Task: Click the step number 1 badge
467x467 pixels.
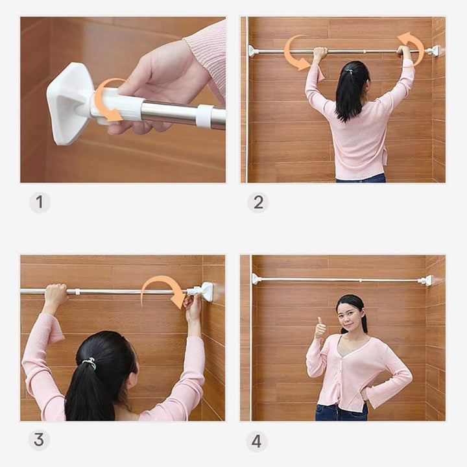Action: pos(40,202)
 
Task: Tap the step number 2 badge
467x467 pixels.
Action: pos(258,202)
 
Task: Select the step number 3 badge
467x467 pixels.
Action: pos(39,440)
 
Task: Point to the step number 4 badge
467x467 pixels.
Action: pos(257,441)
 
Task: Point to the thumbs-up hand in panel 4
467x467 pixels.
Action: pos(320,328)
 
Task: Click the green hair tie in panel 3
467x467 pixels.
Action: pos(90,363)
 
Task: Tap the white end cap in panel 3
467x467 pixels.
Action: pos(206,291)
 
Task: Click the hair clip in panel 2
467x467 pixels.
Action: pos(350,71)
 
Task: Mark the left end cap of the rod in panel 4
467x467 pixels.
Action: pos(256,279)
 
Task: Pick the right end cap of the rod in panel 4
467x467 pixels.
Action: pos(426,280)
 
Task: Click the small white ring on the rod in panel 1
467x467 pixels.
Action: pos(204,116)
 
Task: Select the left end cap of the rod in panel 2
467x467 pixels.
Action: pos(254,51)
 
